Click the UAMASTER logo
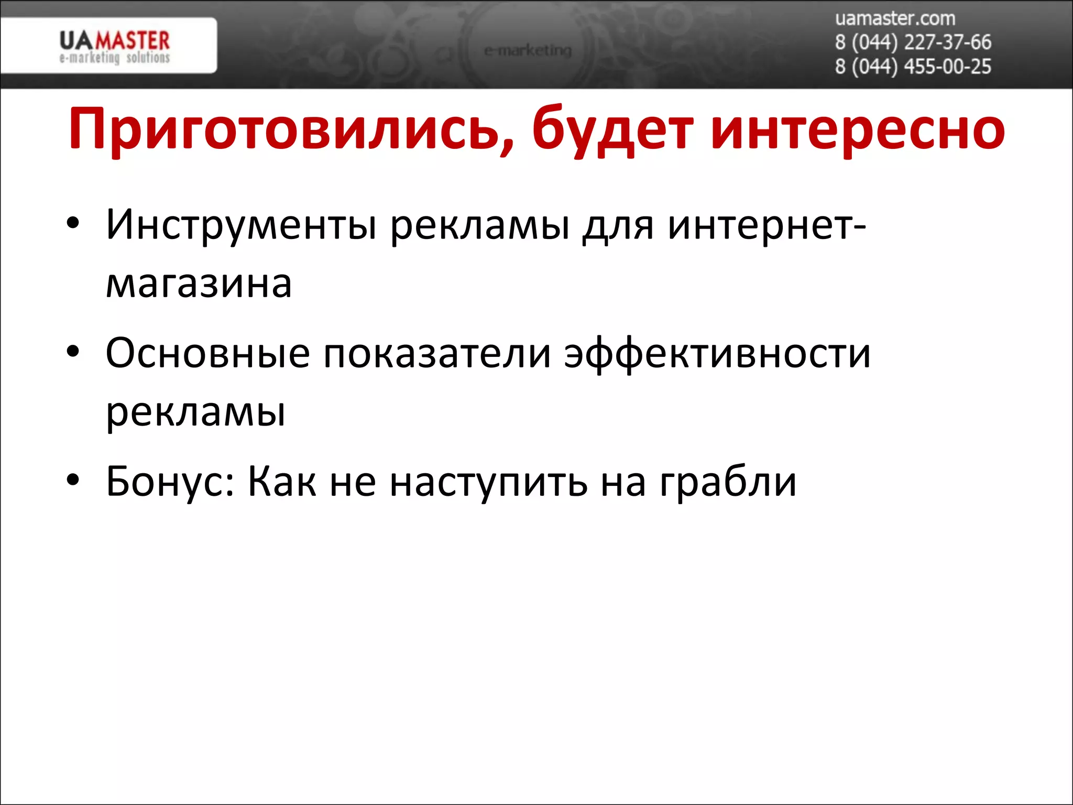coord(114,46)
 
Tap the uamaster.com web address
coord(895,18)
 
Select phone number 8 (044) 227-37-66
coord(913,42)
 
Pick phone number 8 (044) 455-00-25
coord(913,67)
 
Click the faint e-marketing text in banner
coord(528,51)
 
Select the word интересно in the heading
coord(857,129)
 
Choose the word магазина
coord(199,284)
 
